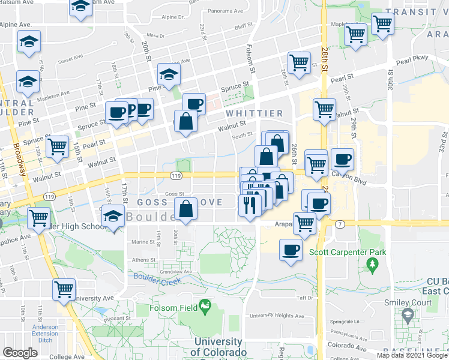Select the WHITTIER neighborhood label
(x=254, y=113)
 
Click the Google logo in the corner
(x=20, y=352)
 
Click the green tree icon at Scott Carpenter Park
(x=373, y=265)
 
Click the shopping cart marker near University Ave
(x=64, y=289)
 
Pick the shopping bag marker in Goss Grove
(x=187, y=209)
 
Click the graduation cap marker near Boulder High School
(x=112, y=216)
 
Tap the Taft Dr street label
(x=305, y=298)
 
